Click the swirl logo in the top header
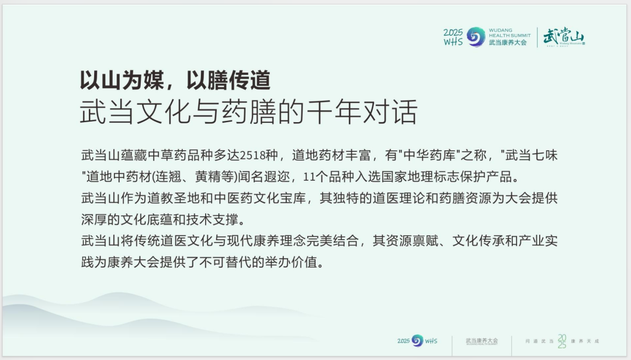476,37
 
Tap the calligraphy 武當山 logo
563,36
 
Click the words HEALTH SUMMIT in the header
509,35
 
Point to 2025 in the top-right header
453,32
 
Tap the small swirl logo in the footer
417,341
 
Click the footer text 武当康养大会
482,340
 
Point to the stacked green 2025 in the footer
561,341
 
